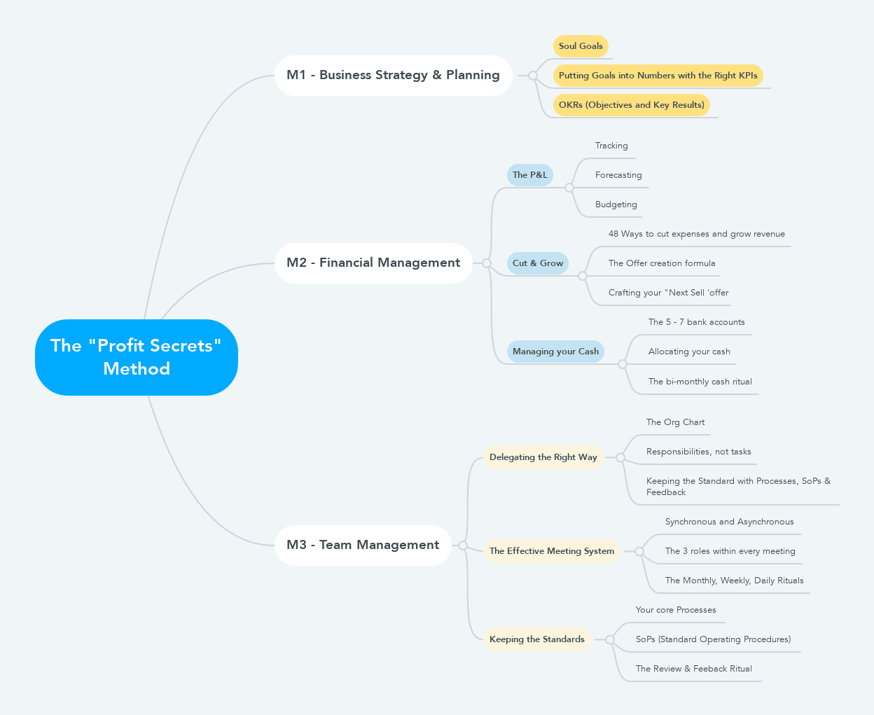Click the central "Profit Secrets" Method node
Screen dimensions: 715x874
(x=137, y=357)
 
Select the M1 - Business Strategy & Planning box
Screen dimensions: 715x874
(x=393, y=75)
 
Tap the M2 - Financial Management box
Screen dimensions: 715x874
(x=373, y=263)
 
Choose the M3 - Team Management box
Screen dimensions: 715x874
(x=363, y=545)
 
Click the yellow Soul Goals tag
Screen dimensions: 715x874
(x=581, y=46)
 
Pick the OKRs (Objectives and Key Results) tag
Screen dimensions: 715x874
(x=631, y=105)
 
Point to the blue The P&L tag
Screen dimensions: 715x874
(x=529, y=175)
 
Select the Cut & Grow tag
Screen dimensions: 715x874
(x=537, y=263)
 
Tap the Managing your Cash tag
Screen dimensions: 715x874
(x=555, y=352)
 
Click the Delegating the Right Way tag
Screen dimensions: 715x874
(x=543, y=457)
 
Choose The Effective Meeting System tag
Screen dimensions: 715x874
(x=551, y=551)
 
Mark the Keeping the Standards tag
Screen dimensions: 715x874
(x=536, y=639)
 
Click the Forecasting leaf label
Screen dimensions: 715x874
(x=618, y=175)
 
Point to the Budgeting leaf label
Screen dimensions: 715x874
(x=616, y=204)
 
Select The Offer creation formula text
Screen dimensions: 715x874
(x=662, y=263)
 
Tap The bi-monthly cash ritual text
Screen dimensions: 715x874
(x=700, y=382)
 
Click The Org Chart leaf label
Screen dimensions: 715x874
(x=675, y=422)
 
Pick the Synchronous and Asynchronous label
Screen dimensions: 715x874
(x=729, y=522)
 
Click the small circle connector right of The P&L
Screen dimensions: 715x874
(x=569, y=188)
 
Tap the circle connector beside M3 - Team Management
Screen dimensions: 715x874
(x=463, y=545)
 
